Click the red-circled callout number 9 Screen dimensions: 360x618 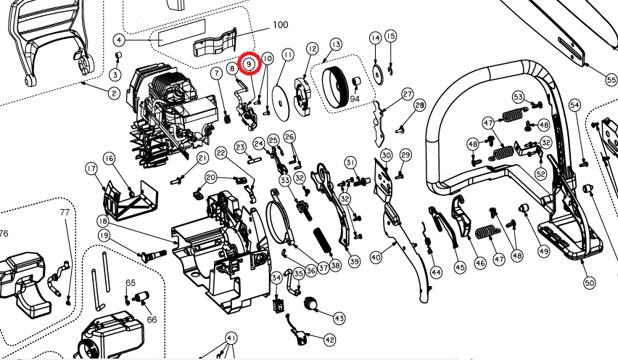pos(249,64)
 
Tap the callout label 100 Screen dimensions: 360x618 pos(280,25)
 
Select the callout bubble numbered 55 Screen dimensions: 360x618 pos(611,78)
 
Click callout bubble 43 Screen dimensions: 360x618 pos(339,318)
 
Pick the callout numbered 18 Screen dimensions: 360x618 pos(103,221)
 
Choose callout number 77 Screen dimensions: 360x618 pos(65,213)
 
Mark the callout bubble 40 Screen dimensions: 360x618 pos(375,257)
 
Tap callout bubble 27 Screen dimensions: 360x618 pos(407,94)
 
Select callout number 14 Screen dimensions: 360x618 pos(375,38)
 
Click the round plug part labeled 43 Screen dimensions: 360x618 pos(313,302)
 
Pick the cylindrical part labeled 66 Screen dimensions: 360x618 pos(143,295)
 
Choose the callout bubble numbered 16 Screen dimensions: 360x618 pos(109,158)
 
